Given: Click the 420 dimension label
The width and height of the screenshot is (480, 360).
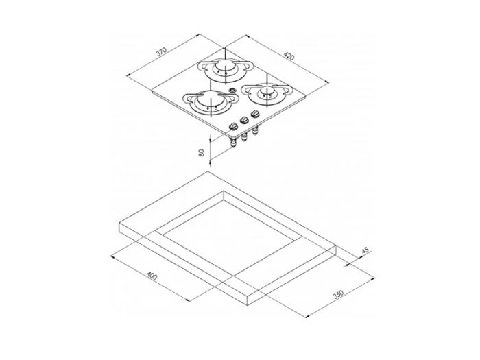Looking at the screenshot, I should pos(288,57).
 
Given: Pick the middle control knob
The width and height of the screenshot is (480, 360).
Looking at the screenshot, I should pos(245,121).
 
